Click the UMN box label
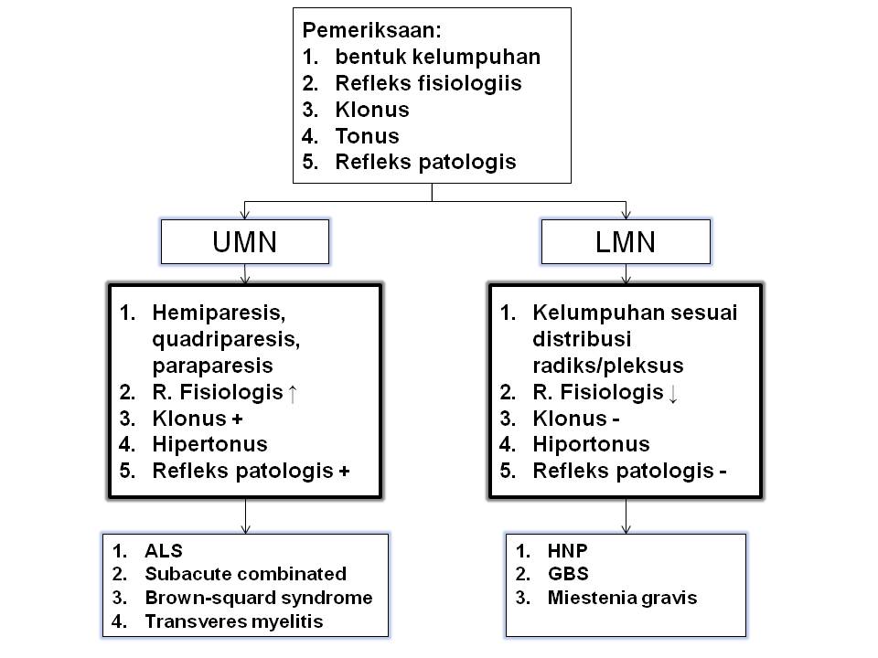pos(244,242)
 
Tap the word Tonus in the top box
pos(367,136)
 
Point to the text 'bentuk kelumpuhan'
pos(437,57)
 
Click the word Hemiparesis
pos(219,313)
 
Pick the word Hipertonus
pos(209,444)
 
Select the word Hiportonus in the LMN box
pos(591,444)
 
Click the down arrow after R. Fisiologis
pos(673,393)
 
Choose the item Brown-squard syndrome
pos(258,598)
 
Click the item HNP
pos(566,551)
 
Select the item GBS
pos(567,575)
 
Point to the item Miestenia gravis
pos(622,599)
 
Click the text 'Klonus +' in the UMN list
pos(197,419)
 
